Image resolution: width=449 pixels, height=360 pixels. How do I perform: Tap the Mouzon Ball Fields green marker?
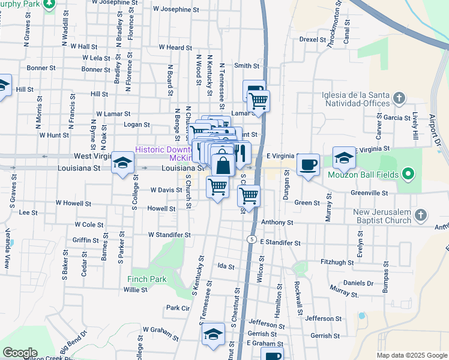pyautogui.click(x=409, y=175)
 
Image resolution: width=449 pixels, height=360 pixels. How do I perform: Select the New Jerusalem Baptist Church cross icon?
pyautogui.click(x=421, y=215)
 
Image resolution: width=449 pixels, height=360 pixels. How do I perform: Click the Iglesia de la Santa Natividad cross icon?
pyautogui.click(x=397, y=97)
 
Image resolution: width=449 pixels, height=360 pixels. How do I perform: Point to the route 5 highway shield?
pyautogui.click(x=250, y=239)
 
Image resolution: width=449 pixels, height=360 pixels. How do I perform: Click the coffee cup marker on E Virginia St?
pyautogui.click(x=308, y=164)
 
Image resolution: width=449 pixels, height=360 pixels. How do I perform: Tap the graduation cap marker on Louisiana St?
pyautogui.click(x=123, y=163)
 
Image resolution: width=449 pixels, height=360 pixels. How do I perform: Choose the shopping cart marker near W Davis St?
pyautogui.click(x=217, y=188)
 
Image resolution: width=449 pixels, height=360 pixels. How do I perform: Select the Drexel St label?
pyautogui.click(x=312, y=39)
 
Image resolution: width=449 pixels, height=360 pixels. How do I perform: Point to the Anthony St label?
pyautogui.click(x=277, y=222)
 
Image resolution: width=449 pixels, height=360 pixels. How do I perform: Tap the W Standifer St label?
pyautogui.click(x=169, y=235)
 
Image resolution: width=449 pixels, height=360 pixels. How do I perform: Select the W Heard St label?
pyautogui.click(x=175, y=47)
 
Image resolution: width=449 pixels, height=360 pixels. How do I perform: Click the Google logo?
pyautogui.click(x=19, y=353)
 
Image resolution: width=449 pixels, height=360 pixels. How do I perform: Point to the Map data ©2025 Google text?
pyautogui.click(x=411, y=355)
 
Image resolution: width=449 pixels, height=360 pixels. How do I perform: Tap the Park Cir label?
pyautogui.click(x=178, y=308)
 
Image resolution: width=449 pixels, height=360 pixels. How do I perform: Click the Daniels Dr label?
pyautogui.click(x=358, y=283)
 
